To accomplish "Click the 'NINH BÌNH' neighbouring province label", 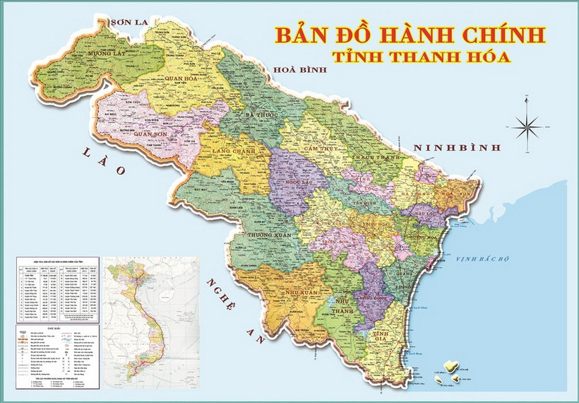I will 457,148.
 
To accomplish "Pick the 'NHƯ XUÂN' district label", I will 291,293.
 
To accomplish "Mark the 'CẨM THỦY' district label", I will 319,149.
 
